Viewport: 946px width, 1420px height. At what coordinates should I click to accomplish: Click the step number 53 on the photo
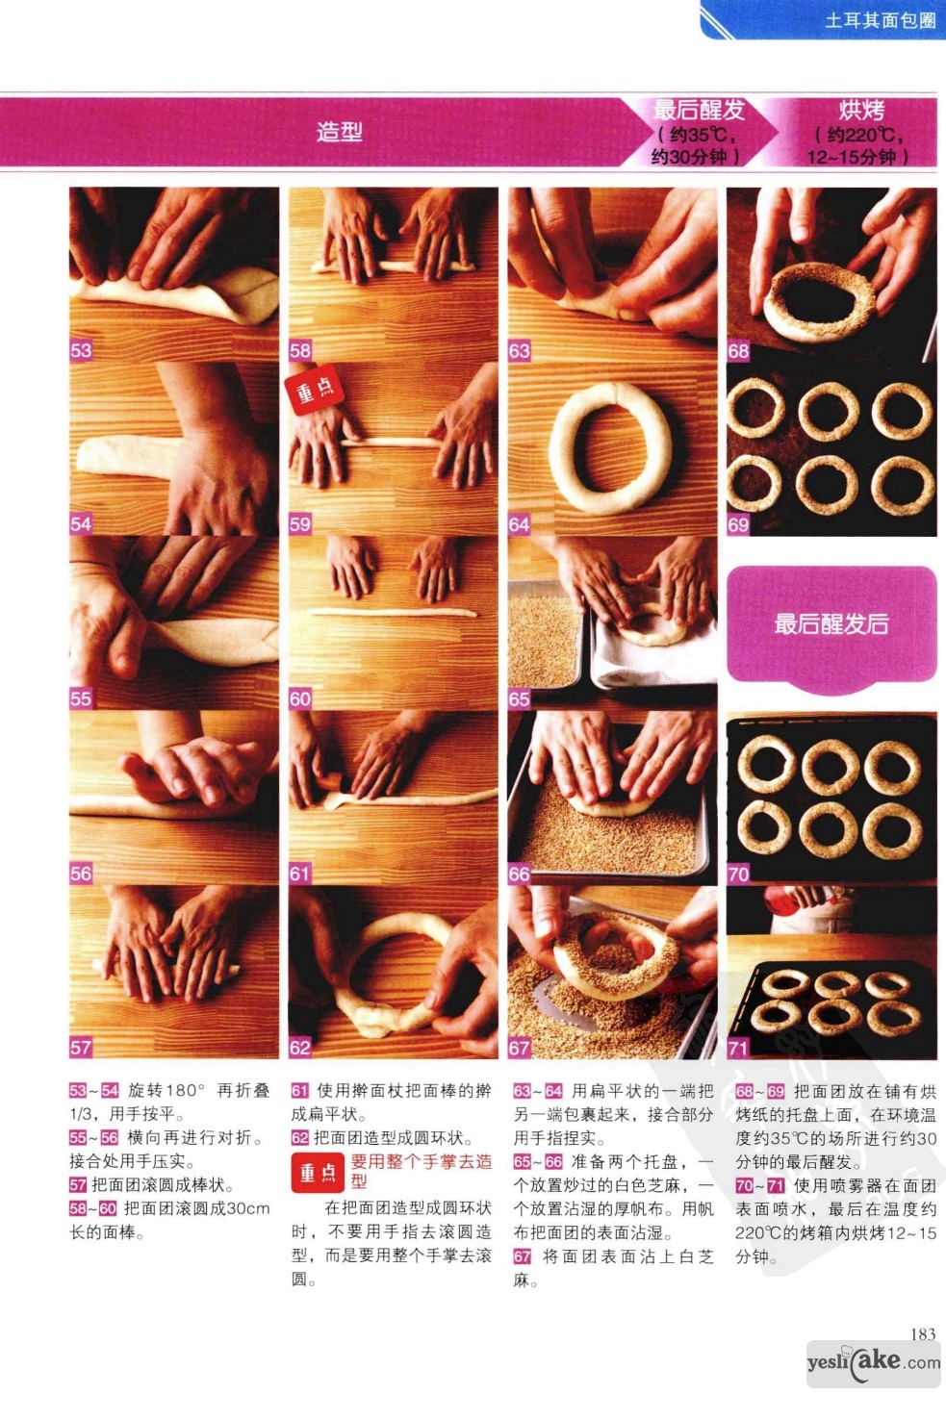81,350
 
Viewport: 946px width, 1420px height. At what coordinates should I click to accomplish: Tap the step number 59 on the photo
300,524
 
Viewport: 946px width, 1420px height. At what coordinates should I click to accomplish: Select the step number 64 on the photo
519,524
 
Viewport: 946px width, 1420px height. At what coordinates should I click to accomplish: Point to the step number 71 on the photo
738,1048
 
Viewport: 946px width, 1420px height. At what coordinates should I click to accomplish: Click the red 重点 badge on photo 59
315,390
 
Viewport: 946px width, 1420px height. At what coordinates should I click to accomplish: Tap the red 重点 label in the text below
318,1172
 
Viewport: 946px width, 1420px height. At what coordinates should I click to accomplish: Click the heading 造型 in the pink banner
339,132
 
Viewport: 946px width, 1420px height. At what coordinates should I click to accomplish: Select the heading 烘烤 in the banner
861,110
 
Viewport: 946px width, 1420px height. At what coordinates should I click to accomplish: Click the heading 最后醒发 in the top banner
699,110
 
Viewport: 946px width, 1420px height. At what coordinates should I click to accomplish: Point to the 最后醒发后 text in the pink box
831,624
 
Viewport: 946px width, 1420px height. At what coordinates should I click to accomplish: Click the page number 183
923,1334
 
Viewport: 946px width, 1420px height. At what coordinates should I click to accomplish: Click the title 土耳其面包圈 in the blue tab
880,20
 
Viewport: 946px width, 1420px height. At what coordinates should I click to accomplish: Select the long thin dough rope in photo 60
393,613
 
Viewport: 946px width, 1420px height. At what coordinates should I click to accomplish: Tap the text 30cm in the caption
248,1208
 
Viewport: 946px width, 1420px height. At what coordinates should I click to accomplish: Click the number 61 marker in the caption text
300,1090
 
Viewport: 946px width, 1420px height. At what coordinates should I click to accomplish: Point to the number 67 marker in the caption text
522,1256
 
